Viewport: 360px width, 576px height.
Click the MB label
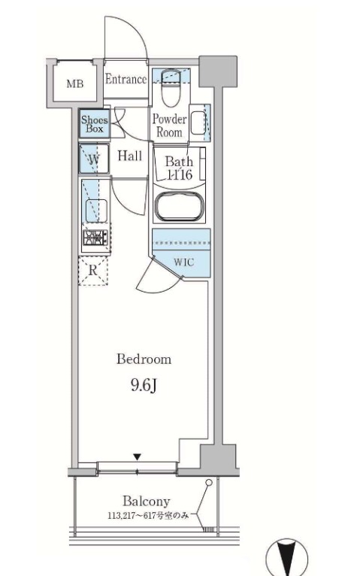pos(75,83)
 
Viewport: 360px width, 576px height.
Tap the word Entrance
pos(126,79)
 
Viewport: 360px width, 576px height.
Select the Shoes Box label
pos(95,124)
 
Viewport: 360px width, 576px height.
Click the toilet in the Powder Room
pos(171,87)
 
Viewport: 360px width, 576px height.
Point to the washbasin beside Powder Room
pos(198,123)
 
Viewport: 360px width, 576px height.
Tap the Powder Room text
pos(169,126)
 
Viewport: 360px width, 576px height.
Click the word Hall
pos(129,156)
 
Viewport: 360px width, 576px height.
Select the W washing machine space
pos(94,159)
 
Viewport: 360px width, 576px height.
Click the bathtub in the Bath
pos(179,207)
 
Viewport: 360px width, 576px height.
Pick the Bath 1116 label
pos(179,168)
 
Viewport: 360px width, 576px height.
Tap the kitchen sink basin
pos(96,211)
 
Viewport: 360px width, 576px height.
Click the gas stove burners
pos(95,238)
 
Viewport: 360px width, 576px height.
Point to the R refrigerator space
pos(93,271)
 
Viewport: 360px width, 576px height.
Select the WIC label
pos(183,262)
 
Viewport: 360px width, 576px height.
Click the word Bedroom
pos(144,359)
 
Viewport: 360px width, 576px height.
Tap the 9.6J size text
pos(144,385)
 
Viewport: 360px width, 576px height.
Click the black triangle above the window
pos(137,457)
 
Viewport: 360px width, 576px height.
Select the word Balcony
pos(147,501)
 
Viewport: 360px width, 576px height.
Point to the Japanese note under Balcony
pos(148,516)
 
